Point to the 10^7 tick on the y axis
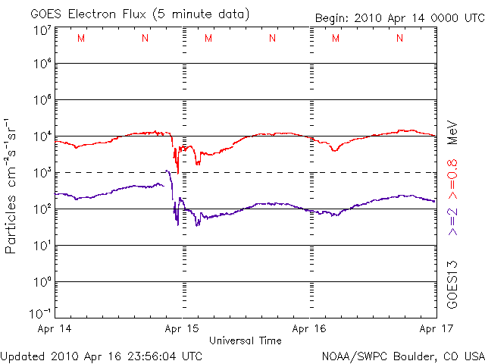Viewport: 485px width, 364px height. (x=41, y=30)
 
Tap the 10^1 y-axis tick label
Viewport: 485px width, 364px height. (x=41, y=246)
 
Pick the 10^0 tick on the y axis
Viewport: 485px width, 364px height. (x=41, y=282)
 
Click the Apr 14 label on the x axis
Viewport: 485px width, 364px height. (x=53, y=329)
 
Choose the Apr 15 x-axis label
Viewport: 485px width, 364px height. (x=182, y=329)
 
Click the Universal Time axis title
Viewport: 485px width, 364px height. (x=245, y=340)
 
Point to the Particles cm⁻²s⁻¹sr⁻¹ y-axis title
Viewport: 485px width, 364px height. (x=13, y=185)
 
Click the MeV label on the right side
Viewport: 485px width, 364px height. (x=452, y=130)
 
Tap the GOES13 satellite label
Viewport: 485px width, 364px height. (x=452, y=284)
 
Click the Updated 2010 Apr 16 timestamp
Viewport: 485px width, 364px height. (x=102, y=355)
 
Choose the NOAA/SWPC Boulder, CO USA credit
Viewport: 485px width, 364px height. (x=403, y=355)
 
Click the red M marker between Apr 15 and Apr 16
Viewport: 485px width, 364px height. (x=208, y=38)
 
